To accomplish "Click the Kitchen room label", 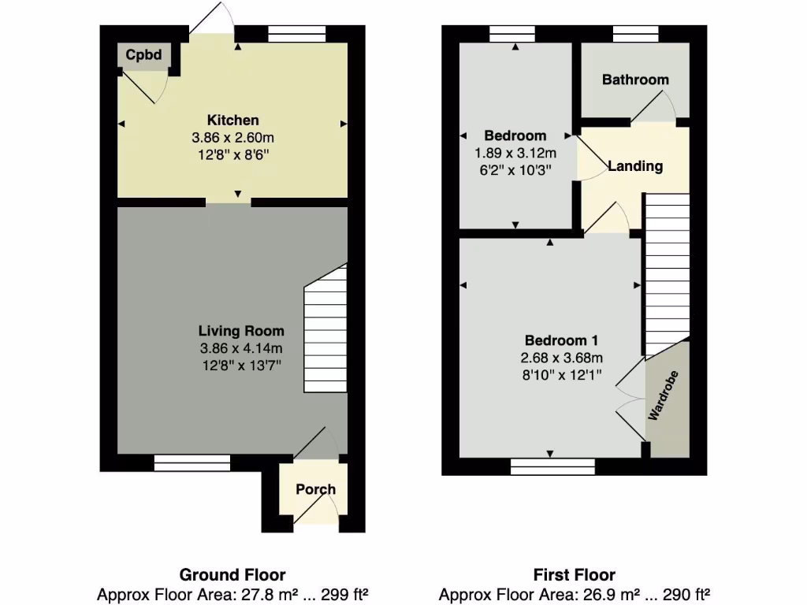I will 232,121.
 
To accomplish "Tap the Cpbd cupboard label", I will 143,56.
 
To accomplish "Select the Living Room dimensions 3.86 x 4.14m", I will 240,348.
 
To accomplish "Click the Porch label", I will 315,489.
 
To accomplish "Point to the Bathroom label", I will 635,80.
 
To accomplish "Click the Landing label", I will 635,166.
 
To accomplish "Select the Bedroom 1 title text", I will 562,341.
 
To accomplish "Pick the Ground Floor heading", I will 232,575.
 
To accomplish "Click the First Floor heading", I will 574,575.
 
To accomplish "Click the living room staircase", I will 325,331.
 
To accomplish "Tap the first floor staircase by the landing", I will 667,276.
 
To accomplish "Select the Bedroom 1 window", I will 552,466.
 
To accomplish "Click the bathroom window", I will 635,34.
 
